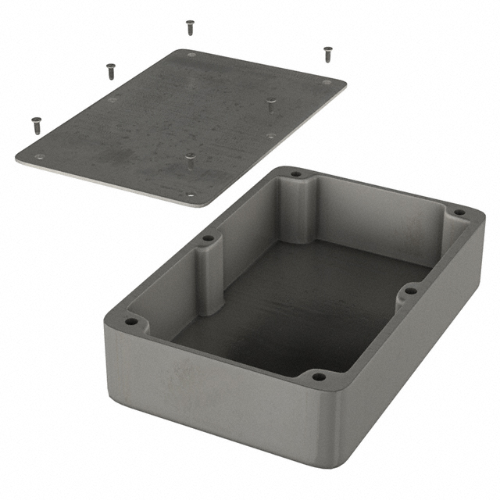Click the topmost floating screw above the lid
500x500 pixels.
coord(190,27)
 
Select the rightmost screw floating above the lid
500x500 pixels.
coord(327,54)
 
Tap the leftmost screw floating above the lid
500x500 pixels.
coord(36,123)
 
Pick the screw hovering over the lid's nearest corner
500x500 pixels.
coord(190,161)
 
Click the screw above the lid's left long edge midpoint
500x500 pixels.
coord(110,71)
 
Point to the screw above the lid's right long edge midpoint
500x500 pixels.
coord(271,105)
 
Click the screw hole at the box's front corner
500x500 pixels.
coord(317,377)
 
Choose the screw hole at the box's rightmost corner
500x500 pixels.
coord(459,212)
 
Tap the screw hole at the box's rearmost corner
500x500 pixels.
coord(295,174)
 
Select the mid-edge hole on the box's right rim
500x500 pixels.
coord(410,291)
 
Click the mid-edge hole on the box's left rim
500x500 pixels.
coord(208,238)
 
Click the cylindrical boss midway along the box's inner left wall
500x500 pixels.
coord(209,277)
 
